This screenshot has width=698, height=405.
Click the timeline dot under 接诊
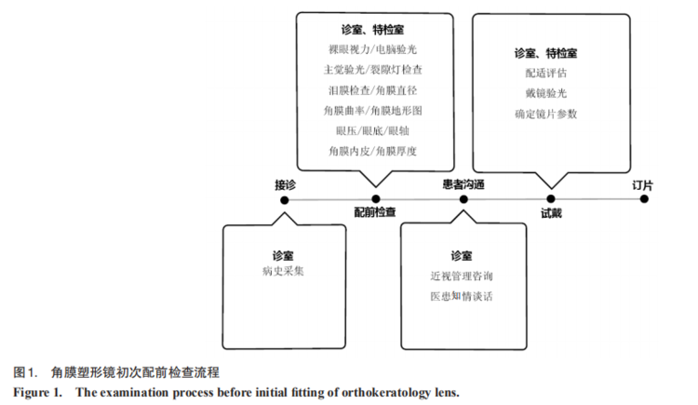point(285,199)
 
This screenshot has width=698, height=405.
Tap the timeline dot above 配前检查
point(375,198)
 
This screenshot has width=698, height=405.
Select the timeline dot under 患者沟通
point(463,199)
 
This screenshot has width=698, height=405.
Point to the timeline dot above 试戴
point(551,198)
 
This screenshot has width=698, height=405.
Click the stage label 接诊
point(285,184)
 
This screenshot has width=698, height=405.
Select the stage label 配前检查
point(374,213)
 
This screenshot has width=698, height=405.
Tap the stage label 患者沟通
point(463,184)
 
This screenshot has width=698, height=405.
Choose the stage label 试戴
point(551,213)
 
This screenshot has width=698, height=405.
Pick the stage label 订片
point(642,184)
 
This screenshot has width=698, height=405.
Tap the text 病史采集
point(283,272)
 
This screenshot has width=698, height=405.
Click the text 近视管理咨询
point(462,277)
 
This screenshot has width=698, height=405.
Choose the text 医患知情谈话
point(462,297)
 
